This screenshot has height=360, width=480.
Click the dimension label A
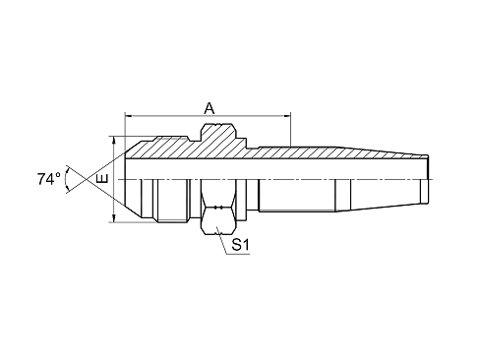210,108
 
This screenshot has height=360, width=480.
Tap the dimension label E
103,179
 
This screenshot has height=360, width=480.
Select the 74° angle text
48,179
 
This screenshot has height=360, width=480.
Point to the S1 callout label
241,244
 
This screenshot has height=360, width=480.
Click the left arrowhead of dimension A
129,115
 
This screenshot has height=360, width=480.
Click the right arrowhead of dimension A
287,115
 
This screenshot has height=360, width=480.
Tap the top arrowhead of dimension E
113,140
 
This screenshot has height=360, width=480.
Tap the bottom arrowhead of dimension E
113,218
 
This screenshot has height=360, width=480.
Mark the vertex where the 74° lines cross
87,179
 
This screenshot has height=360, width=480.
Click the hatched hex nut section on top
218,134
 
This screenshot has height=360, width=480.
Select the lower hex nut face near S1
217,220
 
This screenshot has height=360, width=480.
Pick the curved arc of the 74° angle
66,179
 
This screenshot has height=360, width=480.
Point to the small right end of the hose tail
425,179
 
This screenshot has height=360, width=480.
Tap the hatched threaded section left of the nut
172,145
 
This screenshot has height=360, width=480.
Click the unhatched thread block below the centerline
172,201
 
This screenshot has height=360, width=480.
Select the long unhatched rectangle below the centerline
297,195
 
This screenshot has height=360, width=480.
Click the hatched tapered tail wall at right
381,153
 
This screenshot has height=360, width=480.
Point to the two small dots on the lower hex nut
218,208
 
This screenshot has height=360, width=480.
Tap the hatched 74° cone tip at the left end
138,150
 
